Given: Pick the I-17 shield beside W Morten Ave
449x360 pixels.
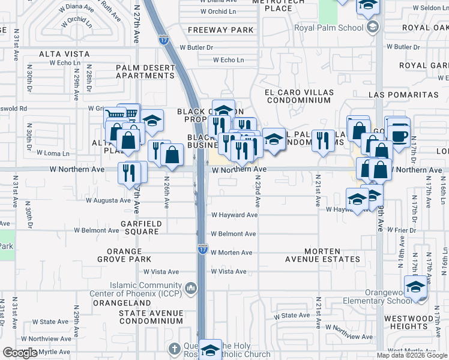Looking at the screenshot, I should (x=202, y=249).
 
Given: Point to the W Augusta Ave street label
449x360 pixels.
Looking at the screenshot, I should (x=108, y=200).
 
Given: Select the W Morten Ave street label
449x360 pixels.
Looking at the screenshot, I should (x=231, y=253).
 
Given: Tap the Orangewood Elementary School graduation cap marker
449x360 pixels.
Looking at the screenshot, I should (x=415, y=286).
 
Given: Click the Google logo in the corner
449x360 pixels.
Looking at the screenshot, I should (x=20, y=353).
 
